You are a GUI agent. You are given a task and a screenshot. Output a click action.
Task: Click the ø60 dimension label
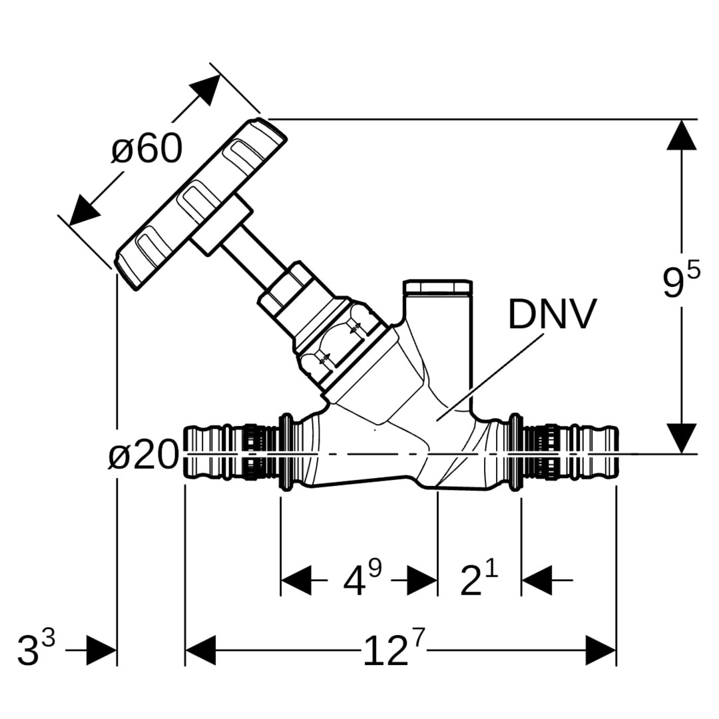pos(146,148)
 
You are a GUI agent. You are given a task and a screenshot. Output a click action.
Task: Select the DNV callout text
pos(552,314)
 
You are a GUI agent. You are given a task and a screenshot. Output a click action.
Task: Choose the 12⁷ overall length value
pos(393,650)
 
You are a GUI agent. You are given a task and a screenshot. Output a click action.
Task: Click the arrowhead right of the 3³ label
pos(101,650)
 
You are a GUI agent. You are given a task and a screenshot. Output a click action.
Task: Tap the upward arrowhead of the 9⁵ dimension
pos(682,135)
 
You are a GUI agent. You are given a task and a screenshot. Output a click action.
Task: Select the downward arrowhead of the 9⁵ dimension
pos(682,438)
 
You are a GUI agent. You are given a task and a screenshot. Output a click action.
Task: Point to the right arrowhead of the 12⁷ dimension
pos(600,650)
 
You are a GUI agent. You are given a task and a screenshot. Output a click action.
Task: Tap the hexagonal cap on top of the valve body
pos(437,288)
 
